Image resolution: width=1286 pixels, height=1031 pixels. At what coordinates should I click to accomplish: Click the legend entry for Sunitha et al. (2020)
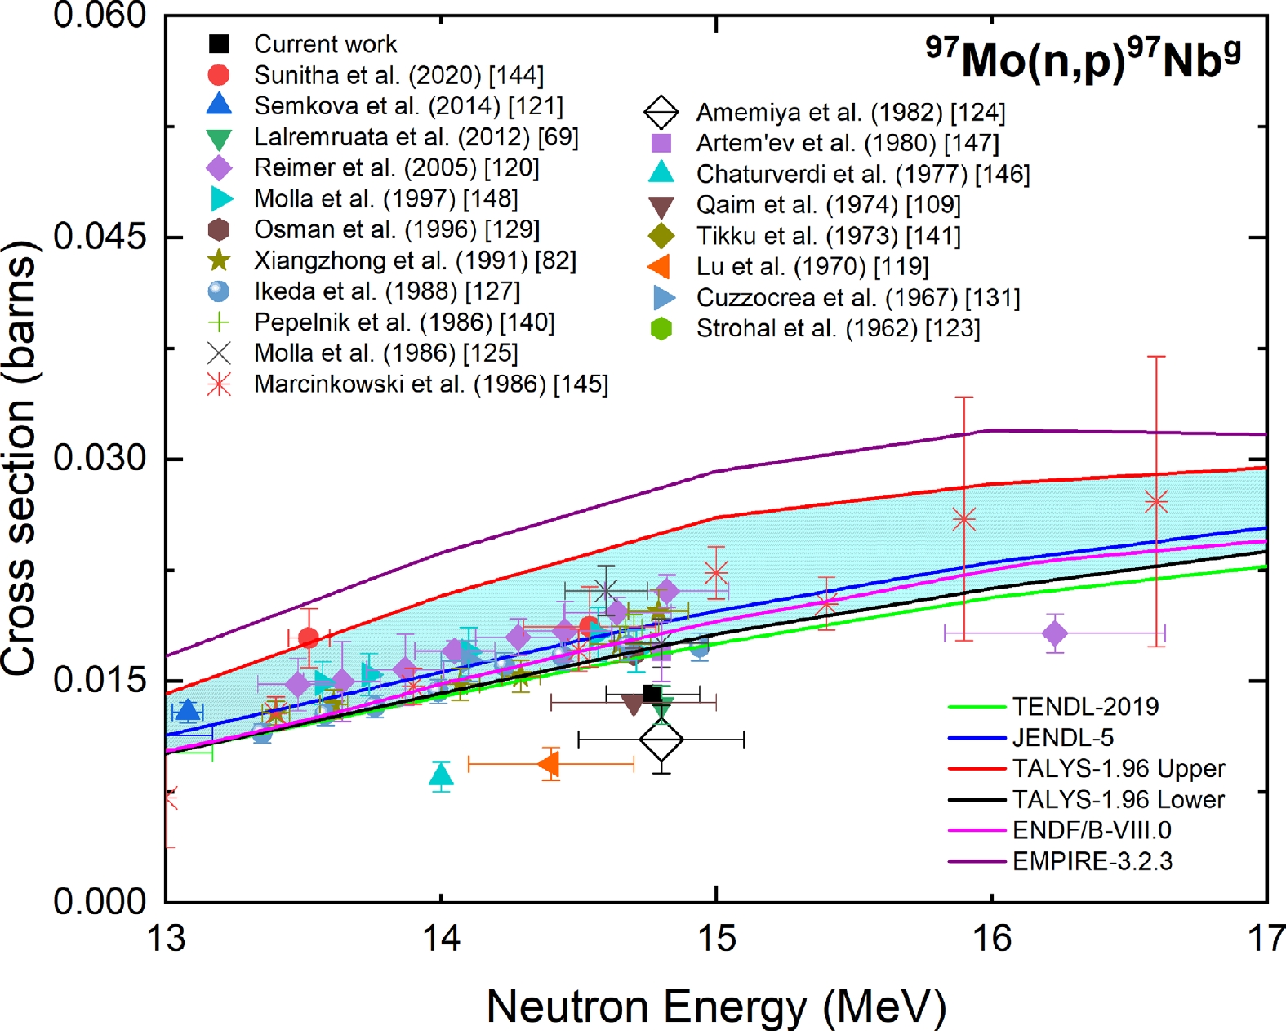coord(398,75)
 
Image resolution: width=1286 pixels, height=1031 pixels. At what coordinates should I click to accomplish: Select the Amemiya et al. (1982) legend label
coord(850,113)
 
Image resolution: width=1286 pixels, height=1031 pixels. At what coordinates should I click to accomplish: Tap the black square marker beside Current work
coord(219,43)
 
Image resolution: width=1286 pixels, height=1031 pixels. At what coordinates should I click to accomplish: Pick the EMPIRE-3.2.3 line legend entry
coord(1092,861)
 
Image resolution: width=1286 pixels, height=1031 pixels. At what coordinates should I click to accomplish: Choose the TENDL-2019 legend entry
coord(1084,707)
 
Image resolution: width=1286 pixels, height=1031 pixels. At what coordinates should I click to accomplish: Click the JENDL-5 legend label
coord(1062,738)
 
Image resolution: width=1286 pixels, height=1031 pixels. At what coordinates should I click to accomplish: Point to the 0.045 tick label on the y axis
coord(100,237)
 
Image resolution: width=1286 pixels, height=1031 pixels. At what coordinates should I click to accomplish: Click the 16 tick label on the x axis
coord(992,939)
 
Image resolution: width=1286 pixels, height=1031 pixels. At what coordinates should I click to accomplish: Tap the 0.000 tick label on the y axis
coord(100,902)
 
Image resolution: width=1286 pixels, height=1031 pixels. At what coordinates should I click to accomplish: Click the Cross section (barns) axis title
coord(20,458)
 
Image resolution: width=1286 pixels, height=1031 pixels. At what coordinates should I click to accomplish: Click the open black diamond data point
coord(661,740)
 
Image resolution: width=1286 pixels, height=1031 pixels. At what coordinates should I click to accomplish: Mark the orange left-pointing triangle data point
coord(550,765)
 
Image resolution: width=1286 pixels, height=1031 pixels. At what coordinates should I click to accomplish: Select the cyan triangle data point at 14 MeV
coord(441,774)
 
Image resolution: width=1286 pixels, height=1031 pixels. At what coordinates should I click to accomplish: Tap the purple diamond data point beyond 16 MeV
coord(1055,633)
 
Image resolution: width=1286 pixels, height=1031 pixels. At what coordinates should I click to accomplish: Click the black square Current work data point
coord(652,694)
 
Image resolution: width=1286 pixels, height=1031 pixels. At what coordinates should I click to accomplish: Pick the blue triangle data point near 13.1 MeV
coord(189,711)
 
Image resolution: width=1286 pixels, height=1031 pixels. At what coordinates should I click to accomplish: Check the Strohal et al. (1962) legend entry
coord(838,329)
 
